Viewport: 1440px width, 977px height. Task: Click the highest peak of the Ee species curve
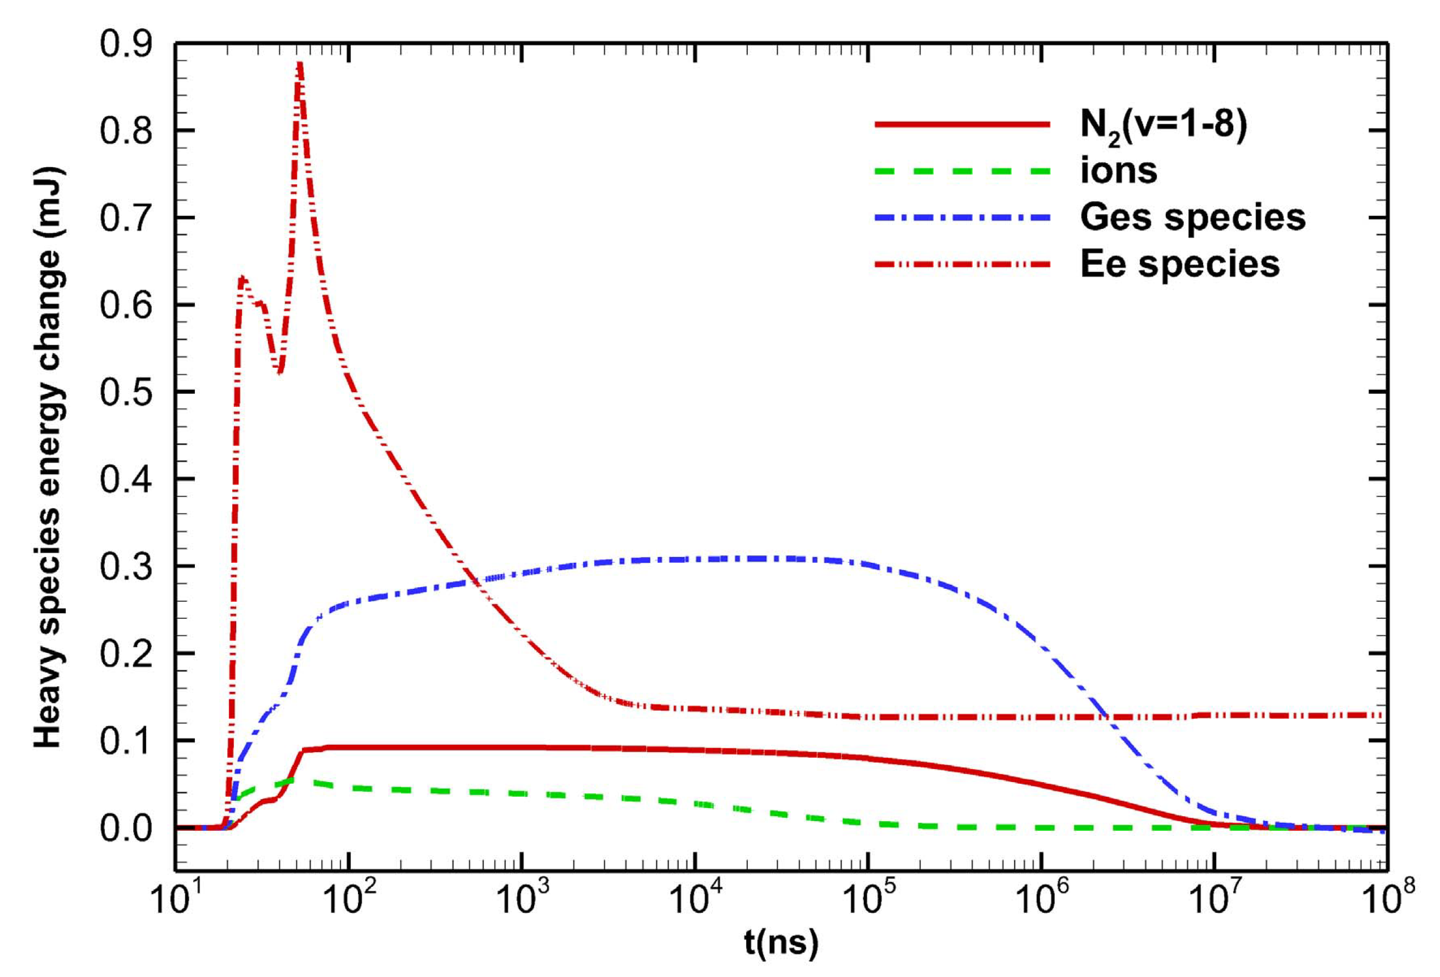299,64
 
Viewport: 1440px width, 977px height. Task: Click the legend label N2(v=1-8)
1163,126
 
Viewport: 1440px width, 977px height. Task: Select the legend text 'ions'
1118,171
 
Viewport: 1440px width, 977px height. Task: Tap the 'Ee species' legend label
1179,265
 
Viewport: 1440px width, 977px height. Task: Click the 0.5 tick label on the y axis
126,392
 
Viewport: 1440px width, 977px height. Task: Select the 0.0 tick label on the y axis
126,827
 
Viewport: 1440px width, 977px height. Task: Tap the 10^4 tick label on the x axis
695,898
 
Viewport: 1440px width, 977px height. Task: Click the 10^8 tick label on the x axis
1387,898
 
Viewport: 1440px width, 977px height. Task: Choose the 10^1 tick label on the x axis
178,898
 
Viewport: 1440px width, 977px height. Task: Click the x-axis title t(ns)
781,943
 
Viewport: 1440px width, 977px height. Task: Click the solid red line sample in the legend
962,125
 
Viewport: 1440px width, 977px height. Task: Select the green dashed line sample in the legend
962,171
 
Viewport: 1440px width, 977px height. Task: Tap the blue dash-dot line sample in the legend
962,218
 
